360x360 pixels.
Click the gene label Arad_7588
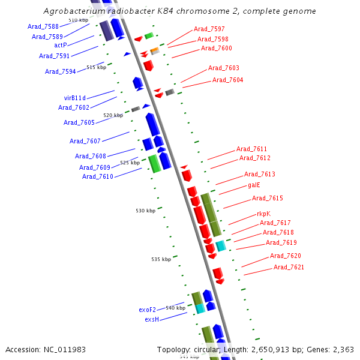[x=43, y=26]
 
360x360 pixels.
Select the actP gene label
[x=61, y=45]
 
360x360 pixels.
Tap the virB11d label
[x=75, y=98]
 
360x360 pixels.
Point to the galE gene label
[x=254, y=185]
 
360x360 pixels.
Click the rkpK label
[x=263, y=214]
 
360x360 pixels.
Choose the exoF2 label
[x=147, y=310]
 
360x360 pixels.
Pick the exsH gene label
[x=151, y=319]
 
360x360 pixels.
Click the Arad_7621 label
[x=289, y=267]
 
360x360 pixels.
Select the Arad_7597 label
[x=209, y=29]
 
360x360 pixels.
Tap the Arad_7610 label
[x=98, y=176]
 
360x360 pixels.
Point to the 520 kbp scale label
[x=113, y=115]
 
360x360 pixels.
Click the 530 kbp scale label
[x=145, y=211]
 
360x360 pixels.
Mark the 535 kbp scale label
[x=161, y=259]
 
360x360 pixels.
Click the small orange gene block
[x=154, y=50]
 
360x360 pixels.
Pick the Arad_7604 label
[x=227, y=80]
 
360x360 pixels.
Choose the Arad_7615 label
[x=268, y=198]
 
